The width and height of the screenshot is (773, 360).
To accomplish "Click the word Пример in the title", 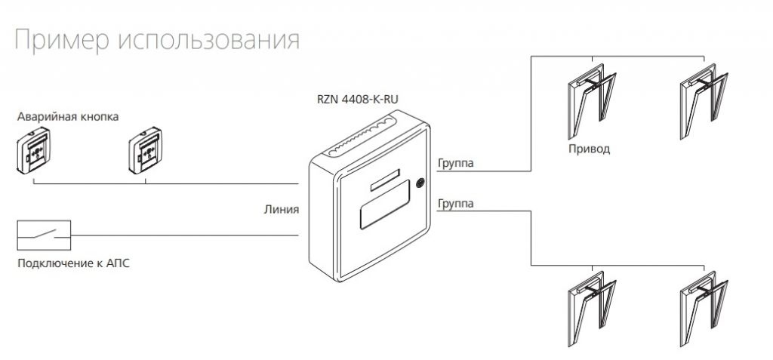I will (x=61, y=40).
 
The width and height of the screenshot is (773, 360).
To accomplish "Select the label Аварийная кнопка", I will (x=69, y=117).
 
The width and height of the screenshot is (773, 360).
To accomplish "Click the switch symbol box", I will (x=44, y=235).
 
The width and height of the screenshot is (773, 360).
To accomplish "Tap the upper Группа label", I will (x=455, y=163).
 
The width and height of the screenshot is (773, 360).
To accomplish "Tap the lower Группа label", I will (x=455, y=205).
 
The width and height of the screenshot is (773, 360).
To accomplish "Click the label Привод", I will (x=589, y=149).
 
